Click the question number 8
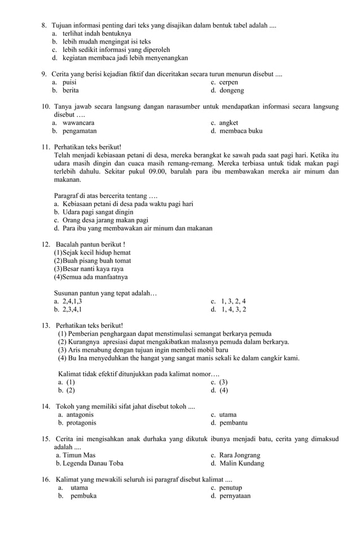click(x=44, y=26)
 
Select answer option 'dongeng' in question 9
click(x=231, y=90)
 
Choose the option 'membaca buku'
click(x=241, y=131)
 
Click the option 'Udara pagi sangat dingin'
click(x=98, y=212)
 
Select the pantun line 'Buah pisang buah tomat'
click(x=96, y=261)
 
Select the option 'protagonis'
click(x=81, y=423)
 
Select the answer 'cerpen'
click(x=229, y=82)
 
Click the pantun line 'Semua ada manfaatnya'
click(x=94, y=277)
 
